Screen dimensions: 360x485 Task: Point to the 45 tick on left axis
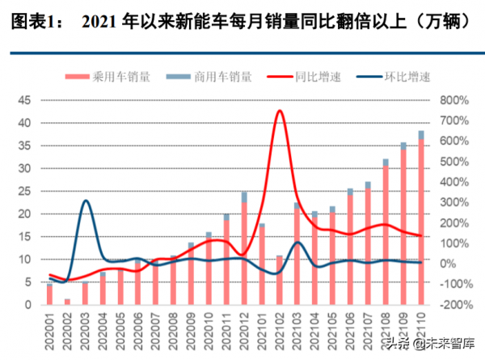[23, 100]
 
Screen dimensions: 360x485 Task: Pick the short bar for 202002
[67, 302]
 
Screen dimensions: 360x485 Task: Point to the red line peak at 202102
[280, 111]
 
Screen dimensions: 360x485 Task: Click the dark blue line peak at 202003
[86, 201]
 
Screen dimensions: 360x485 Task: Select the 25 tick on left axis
[23, 192]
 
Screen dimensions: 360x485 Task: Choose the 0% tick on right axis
[446, 264]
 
